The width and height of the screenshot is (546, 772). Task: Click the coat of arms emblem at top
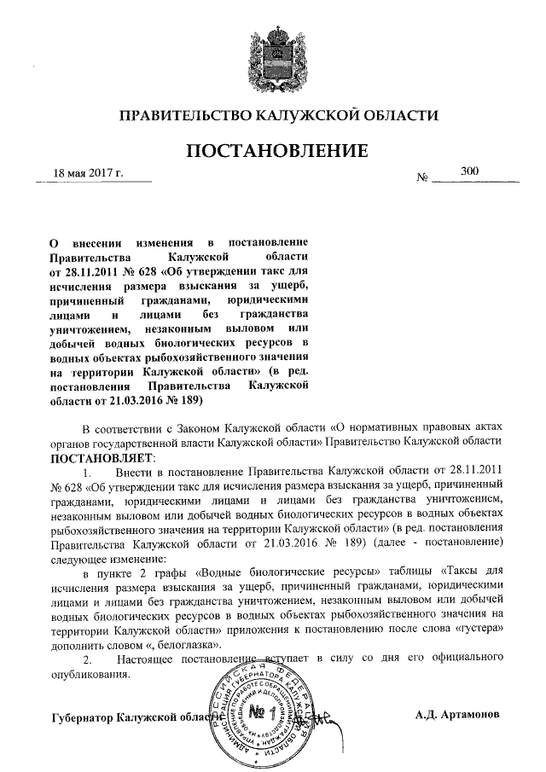tap(273, 58)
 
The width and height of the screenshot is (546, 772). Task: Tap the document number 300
tap(469, 171)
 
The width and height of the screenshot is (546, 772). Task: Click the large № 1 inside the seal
tap(263, 711)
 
